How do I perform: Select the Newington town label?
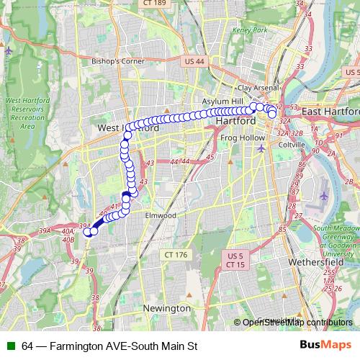(167, 308)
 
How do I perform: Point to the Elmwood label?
(160, 215)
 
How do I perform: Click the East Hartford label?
(330, 112)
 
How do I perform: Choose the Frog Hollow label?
(234, 135)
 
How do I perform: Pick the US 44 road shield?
(194, 63)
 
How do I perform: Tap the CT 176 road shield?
(175, 255)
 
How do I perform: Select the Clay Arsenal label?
(258, 88)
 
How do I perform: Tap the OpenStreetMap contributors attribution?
(298, 322)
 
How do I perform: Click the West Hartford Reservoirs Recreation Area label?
(29, 113)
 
